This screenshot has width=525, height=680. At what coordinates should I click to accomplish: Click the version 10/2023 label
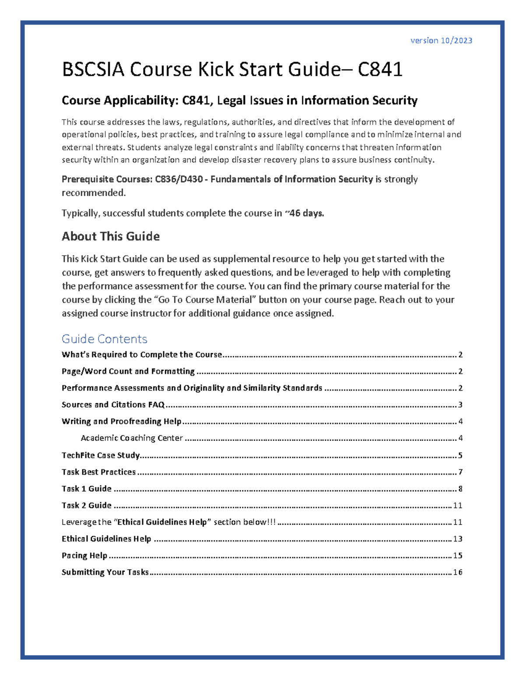coord(441,41)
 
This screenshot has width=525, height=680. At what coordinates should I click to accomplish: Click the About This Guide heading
coord(111,236)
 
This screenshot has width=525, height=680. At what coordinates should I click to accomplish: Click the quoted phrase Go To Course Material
coord(205,300)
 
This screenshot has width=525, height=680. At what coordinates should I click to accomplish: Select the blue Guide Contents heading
coord(104,339)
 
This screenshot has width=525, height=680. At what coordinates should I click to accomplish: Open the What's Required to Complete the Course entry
coord(142,355)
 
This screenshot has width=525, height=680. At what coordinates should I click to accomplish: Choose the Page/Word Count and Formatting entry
coord(128,371)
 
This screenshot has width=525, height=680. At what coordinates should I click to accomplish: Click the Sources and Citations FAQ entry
coord(113,405)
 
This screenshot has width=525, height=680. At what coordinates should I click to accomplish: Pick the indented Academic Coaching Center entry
coord(132,438)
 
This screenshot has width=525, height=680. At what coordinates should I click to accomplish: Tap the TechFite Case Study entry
coord(101,455)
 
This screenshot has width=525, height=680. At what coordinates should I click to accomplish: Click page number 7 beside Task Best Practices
coord(460,472)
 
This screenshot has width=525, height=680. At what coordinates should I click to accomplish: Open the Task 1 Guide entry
coord(87,489)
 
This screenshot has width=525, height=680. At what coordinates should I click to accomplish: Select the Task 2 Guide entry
coord(87,505)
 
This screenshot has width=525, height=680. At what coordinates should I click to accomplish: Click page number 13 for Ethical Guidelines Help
coord(458,539)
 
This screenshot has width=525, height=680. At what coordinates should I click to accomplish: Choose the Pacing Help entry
coord(84,556)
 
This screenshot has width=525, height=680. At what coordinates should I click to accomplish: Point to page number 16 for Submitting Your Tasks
coord(458,572)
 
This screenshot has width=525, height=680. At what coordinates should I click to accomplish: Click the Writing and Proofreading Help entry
coord(122,421)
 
